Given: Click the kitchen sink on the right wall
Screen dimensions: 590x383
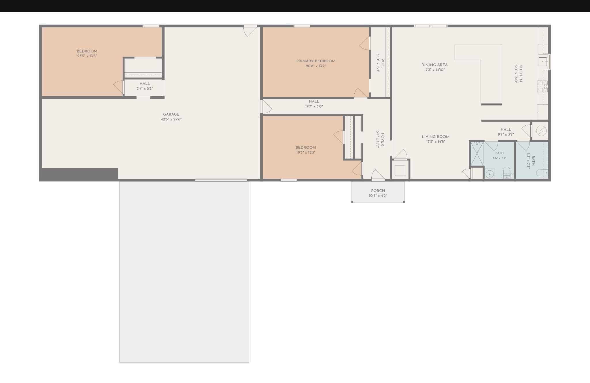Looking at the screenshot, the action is pos(543,61).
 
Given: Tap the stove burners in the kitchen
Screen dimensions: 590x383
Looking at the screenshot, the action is pos(542,86).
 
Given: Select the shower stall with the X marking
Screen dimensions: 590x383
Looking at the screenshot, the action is pos(477,153).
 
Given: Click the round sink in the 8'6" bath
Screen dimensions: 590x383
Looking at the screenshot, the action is pos(489,174).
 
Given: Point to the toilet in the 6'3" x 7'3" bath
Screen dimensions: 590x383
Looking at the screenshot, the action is pos(542,173).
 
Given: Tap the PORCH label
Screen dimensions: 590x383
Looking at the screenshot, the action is pos(378,191).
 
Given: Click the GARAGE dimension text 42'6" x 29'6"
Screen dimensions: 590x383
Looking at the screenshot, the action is pos(171,119).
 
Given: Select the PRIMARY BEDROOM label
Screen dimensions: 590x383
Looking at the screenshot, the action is pos(316,61).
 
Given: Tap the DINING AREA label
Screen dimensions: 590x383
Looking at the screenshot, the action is pos(434,65).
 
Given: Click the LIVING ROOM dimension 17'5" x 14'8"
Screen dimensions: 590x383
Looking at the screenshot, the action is pos(436,142).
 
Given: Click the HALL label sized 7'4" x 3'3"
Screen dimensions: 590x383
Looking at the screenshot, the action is pos(145,84).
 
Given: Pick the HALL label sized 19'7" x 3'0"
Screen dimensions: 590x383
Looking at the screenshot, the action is pos(314,101).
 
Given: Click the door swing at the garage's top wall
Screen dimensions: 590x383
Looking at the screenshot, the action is pos(250,31).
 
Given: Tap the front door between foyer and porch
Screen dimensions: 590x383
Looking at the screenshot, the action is pos(378,175).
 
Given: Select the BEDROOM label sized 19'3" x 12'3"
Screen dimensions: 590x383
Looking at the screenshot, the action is pos(306,148).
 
